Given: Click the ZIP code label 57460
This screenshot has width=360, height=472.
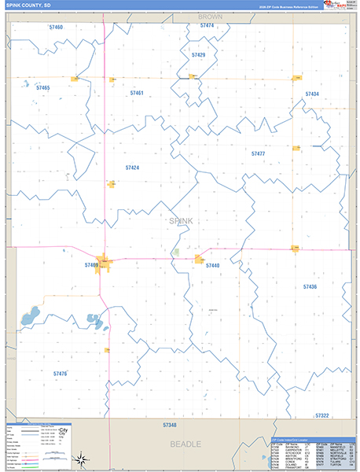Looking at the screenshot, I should point(55,28).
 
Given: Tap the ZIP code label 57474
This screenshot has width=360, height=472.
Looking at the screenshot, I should point(207,26).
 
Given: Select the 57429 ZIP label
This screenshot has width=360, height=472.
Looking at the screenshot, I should point(198,55).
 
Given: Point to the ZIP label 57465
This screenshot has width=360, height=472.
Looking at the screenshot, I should point(42,87).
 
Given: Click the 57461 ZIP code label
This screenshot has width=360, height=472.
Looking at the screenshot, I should point(137,94).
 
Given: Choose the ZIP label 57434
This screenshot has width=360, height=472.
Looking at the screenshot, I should point(312,94).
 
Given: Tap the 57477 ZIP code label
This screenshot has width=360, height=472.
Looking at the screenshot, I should point(258,153).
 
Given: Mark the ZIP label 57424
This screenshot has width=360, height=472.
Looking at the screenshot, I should point(132,168).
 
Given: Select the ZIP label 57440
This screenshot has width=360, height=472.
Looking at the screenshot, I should point(212,266).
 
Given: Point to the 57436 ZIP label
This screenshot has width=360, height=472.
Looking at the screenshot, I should point(310,287).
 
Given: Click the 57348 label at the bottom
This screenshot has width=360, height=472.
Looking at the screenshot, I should point(170,425).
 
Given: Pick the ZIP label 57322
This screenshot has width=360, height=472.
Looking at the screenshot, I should point(321,415).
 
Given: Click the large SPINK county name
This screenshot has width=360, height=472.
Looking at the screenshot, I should point(181,221).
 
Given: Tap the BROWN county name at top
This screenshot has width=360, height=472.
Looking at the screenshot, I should point(210,16).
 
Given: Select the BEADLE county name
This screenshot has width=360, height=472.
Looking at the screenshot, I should point(187,444).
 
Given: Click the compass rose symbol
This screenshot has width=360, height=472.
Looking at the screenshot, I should point(80,459).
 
